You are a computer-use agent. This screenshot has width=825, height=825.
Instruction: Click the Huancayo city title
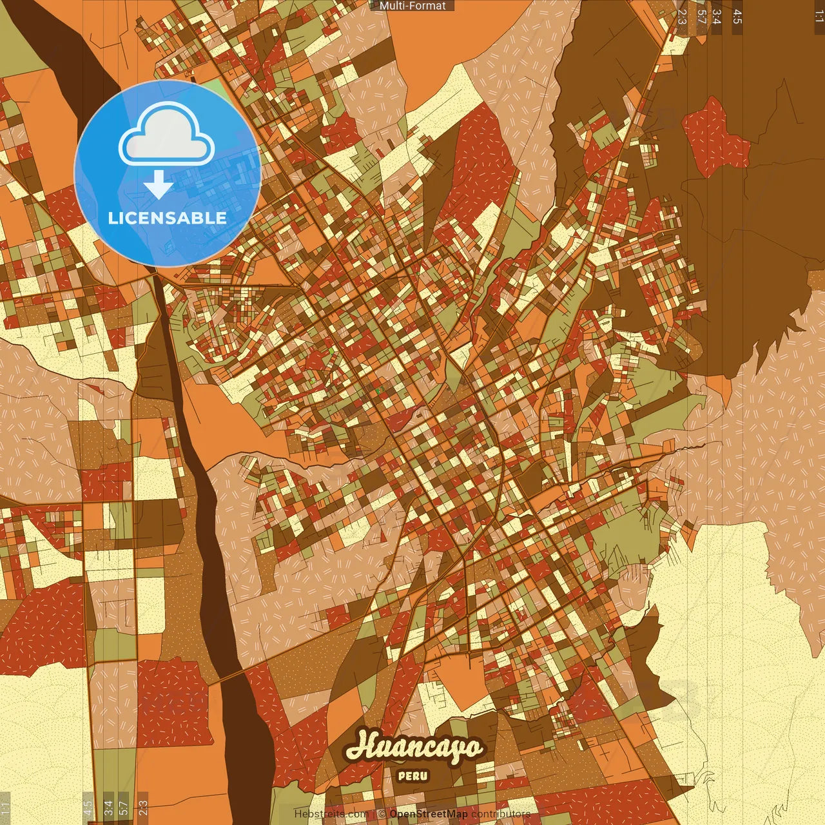414,748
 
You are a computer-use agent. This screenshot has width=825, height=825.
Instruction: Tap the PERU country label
412,776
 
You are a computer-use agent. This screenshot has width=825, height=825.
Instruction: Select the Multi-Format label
412,6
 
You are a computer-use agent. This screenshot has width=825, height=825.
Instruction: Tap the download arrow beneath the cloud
159,185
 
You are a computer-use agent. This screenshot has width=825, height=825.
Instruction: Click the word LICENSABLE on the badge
168,218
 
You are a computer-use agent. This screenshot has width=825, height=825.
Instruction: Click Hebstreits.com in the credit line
331,814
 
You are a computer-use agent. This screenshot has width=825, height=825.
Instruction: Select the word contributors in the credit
501,814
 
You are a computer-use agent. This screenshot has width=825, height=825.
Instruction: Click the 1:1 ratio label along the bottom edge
5,808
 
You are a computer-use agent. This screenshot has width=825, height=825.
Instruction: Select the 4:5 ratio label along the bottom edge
88,808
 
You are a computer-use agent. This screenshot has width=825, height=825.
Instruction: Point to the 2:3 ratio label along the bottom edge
143,808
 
